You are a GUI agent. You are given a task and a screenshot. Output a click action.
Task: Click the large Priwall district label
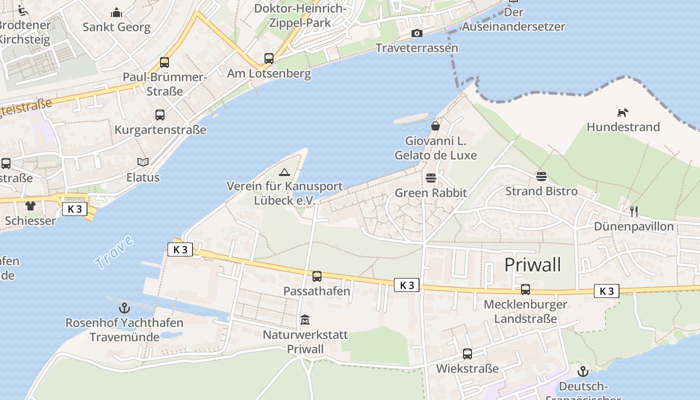coord(532,264)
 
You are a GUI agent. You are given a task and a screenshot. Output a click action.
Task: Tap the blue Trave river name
coord(114,252)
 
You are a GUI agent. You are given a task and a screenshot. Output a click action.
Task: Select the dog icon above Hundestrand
coord(622,112)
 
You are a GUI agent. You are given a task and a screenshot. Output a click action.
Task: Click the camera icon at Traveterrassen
coord(416,33)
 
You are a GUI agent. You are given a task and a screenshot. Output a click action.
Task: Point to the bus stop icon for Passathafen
coord(316,276)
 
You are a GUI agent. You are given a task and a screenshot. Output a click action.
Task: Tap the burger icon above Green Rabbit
coord(430,178)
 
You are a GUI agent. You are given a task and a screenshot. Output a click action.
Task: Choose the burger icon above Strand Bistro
coord(541,176)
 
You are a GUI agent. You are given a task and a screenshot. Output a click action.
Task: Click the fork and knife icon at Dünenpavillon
coord(633,211)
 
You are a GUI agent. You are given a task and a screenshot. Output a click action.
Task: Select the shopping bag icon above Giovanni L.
coord(435,126)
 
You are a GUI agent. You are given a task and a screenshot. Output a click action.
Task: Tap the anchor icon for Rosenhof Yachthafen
coord(124,308)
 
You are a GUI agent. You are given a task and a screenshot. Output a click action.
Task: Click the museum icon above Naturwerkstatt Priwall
coord(305,319)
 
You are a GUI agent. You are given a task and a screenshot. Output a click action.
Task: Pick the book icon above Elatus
coord(143,162)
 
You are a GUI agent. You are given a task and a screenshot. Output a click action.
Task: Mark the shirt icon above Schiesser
coord(30,205)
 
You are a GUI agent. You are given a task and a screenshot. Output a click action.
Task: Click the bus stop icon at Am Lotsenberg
coord(269,58)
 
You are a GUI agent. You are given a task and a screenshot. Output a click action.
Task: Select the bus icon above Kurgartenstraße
coord(160,115)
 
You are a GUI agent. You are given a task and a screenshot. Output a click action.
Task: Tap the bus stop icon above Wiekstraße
coord(467,354)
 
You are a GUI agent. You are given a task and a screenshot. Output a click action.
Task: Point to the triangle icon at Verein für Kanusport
coord(284,172)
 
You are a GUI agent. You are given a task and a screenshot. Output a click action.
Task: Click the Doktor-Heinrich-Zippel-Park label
coord(300,15)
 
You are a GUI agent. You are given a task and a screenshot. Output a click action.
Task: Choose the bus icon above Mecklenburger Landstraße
coord(525,289)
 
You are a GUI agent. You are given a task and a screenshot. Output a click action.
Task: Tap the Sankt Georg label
coord(116,27)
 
